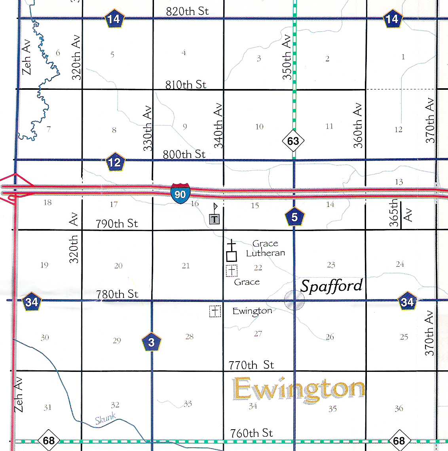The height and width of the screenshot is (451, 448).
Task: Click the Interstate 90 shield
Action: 180,193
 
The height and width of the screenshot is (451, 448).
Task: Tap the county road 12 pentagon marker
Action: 115,162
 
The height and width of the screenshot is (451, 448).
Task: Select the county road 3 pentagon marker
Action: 152,342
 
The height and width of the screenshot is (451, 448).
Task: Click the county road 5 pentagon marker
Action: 294,217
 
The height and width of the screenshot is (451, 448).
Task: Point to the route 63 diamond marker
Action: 293,141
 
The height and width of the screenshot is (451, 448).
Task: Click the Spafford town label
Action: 332,286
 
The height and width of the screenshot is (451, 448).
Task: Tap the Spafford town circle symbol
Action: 294,300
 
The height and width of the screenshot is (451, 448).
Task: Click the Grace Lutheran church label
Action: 266,248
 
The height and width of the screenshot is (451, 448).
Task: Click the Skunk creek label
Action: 105,419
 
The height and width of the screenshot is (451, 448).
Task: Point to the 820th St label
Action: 187,11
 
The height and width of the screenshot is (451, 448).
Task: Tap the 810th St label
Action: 186,84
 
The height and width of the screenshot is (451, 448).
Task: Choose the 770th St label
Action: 251,365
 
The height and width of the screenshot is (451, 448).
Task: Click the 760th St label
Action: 251,433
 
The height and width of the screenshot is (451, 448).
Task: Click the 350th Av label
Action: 287,57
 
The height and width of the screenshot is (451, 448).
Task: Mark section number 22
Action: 258,268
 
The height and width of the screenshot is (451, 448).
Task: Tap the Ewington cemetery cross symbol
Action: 215,311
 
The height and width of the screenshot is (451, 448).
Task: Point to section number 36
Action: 399,408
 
